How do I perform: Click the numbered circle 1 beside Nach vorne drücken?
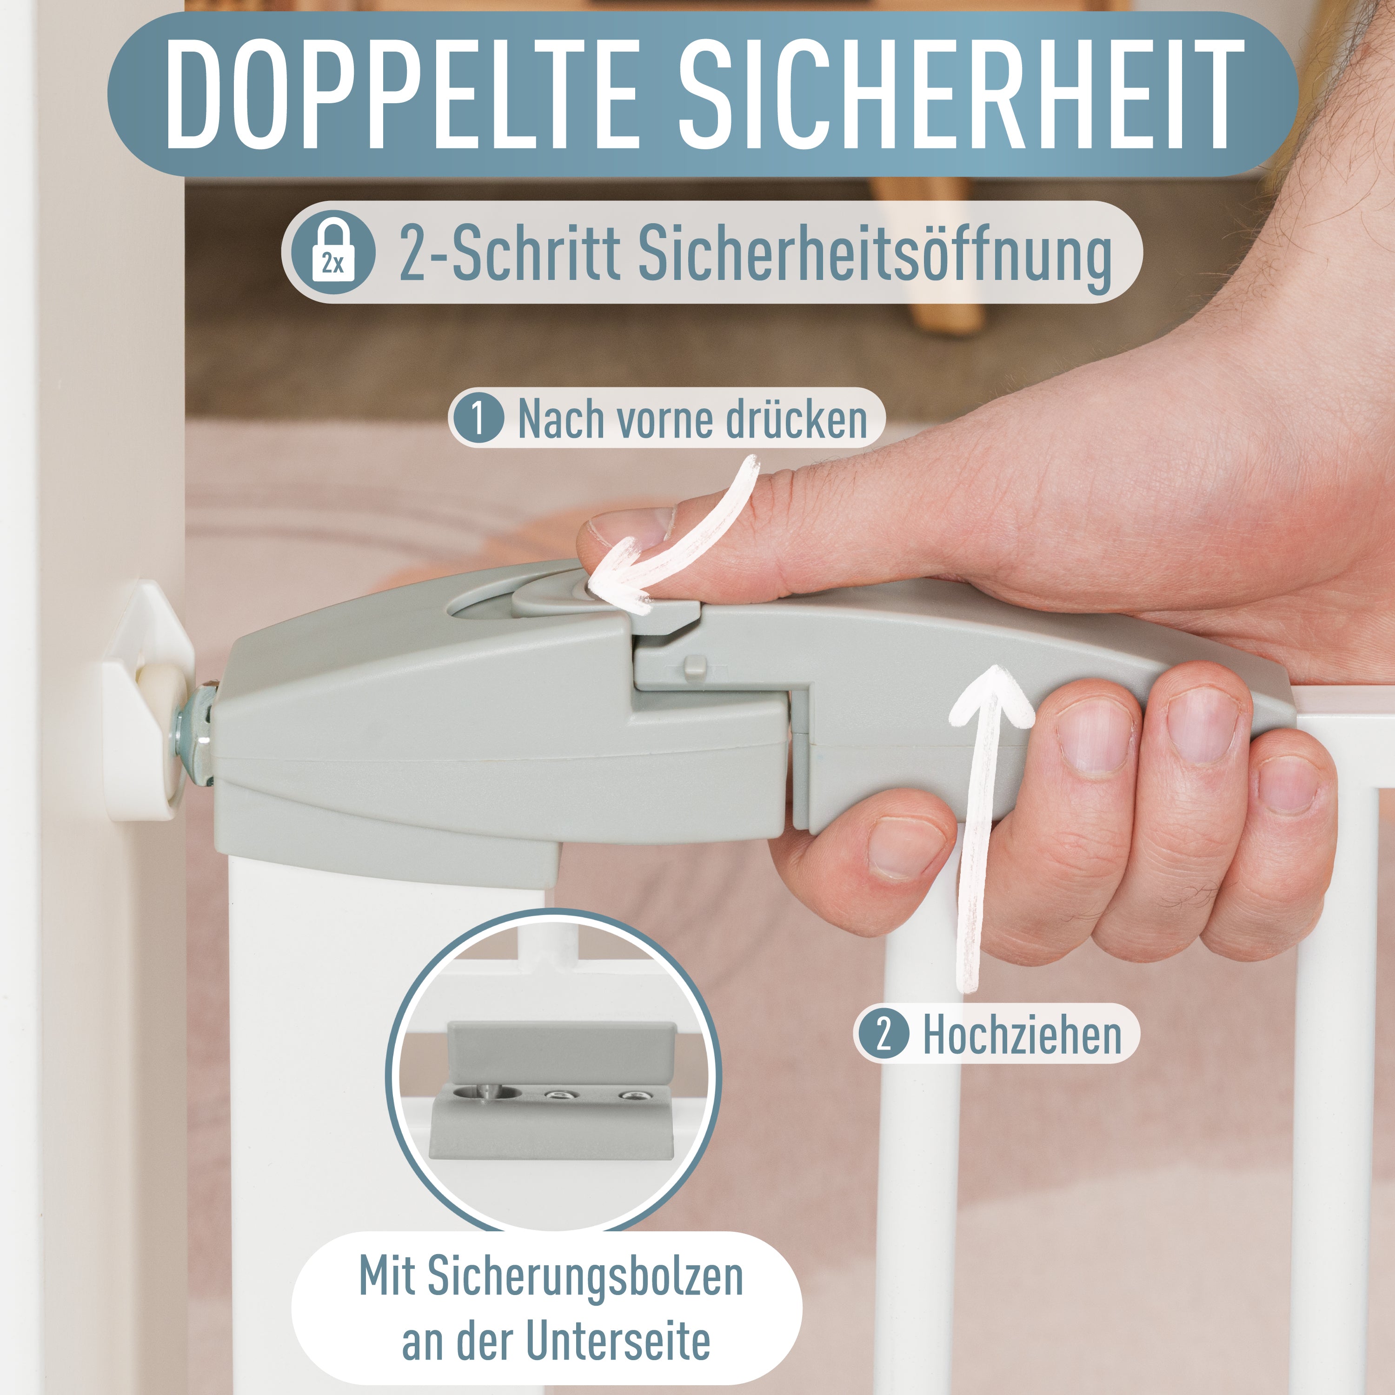pyautogui.click(x=477, y=418)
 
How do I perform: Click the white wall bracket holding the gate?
pyautogui.click(x=148, y=700)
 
